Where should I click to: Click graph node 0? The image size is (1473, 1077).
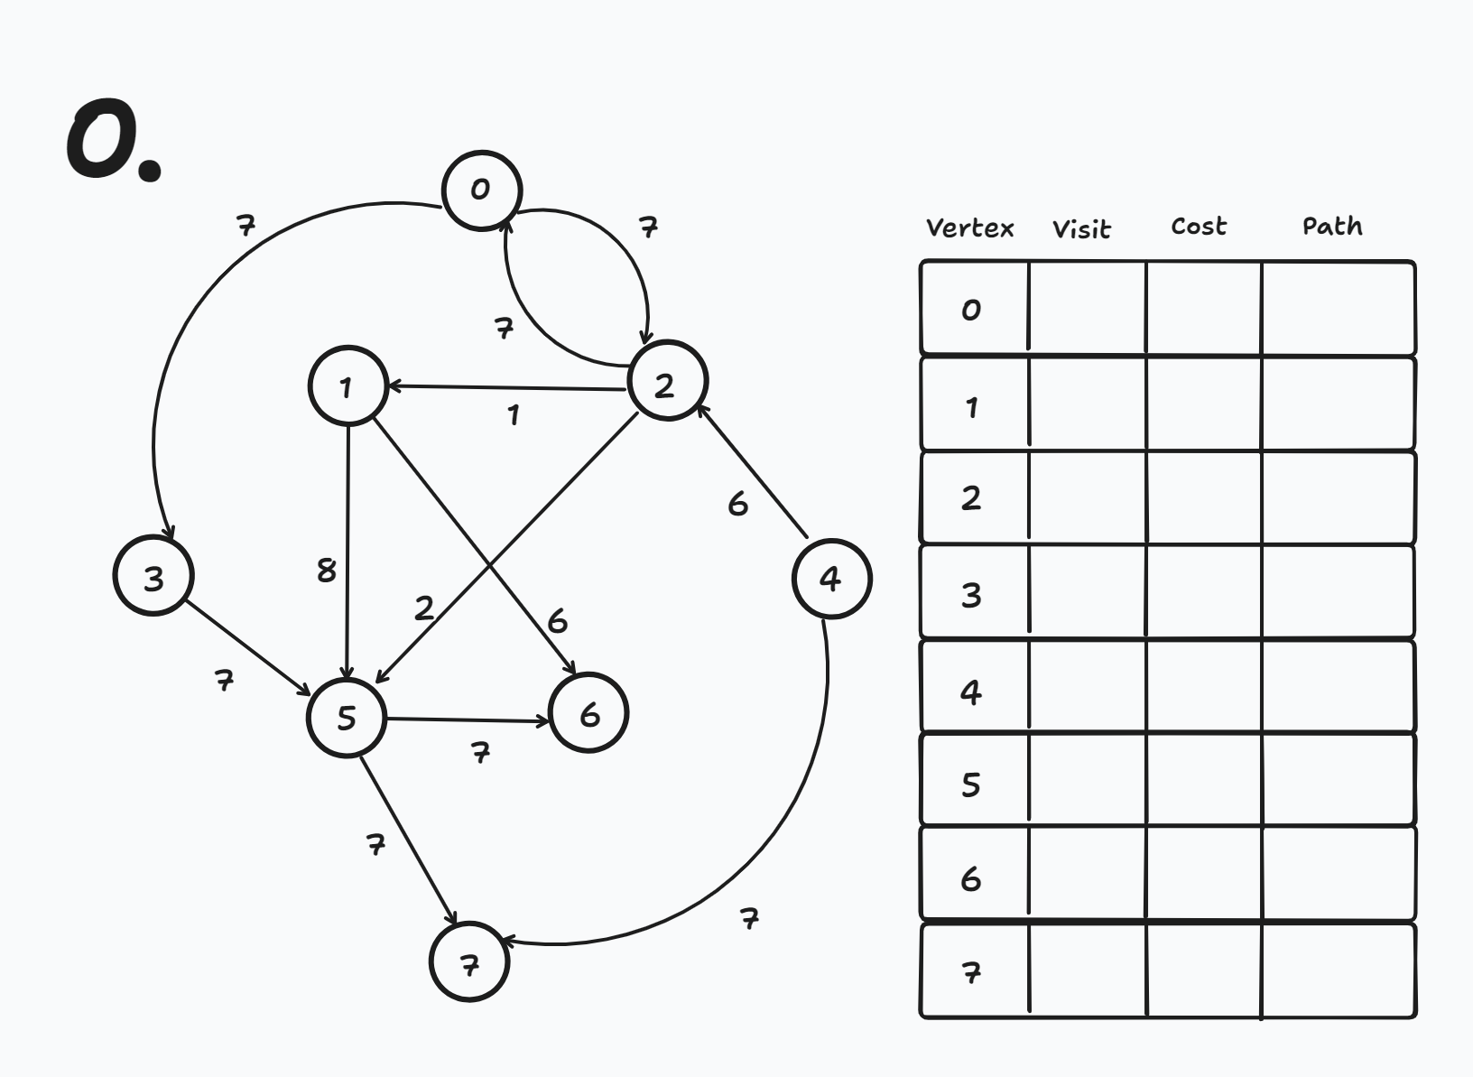coord(482,190)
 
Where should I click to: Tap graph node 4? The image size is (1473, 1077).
coord(831,579)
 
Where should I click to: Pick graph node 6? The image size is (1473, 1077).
coord(588,713)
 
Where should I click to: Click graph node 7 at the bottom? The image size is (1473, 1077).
coord(469,962)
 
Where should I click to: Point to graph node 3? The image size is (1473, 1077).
coord(153,575)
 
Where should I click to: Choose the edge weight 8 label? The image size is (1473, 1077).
coord(327,571)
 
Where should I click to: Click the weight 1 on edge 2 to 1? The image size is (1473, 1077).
coord(514,415)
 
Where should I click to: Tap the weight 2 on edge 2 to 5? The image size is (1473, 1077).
coord(424,608)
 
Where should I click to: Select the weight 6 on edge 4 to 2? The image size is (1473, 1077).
coord(737,504)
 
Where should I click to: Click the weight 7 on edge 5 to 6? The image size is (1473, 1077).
coord(481,752)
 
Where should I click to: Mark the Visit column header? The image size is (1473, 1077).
coord(1081,229)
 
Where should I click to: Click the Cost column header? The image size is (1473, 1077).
coord(1199,227)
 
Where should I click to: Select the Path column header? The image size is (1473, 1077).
coord(1332,226)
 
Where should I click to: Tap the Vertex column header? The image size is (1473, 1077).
coord(970,227)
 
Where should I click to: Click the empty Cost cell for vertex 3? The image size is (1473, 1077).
coord(1204,592)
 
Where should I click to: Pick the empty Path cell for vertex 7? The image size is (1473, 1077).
coord(1338,971)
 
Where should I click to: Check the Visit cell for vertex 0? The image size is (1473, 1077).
coord(1087,309)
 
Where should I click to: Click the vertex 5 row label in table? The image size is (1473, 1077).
coord(971,784)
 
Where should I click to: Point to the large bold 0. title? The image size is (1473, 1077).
coord(113,143)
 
